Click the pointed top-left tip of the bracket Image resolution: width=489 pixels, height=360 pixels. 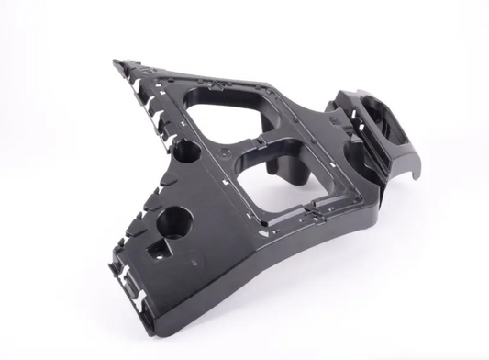pos(118,63)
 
